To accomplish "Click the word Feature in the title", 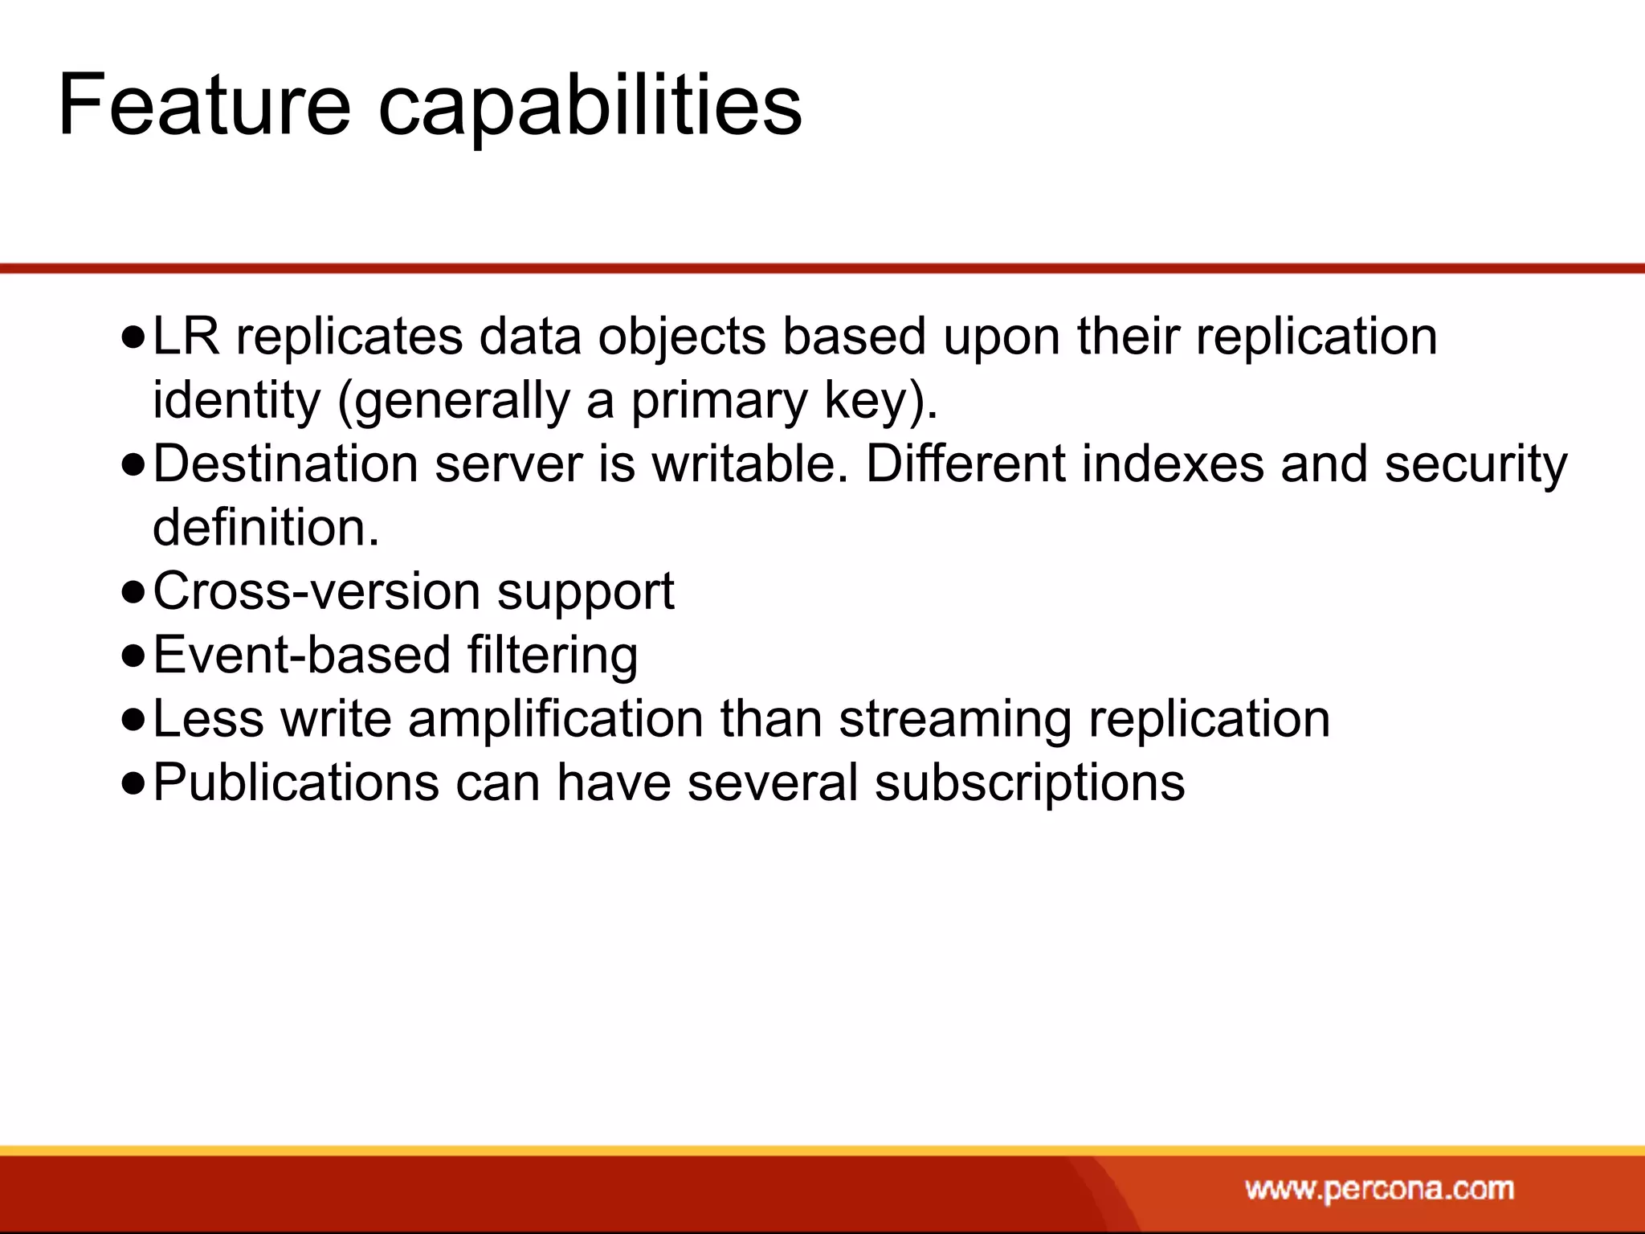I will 205,105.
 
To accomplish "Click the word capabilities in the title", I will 590,105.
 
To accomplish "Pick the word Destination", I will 285,464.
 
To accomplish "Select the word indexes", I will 1173,464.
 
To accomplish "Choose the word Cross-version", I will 316,591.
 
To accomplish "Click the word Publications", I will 296,782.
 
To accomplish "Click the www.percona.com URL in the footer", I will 1379,1188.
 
